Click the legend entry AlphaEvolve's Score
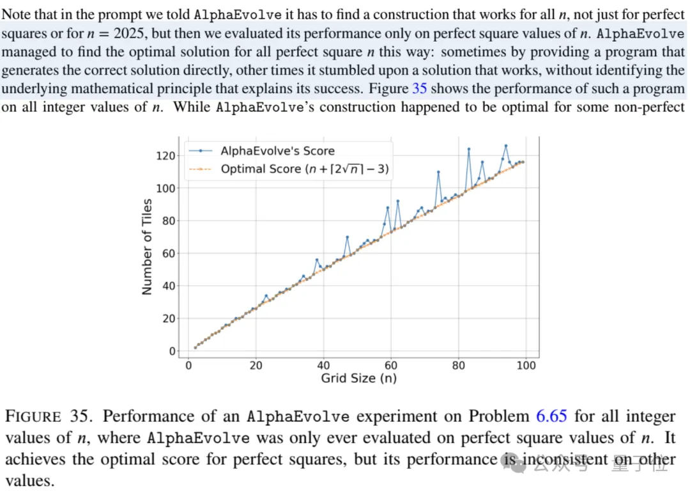click(x=277, y=151)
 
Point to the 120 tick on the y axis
click(x=165, y=155)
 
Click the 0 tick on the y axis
click(x=171, y=351)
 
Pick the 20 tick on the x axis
click(x=256, y=366)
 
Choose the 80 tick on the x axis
click(x=459, y=366)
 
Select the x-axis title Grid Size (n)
click(x=358, y=378)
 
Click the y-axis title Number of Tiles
click(x=148, y=247)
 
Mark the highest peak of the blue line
click(x=506, y=146)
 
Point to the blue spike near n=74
click(x=438, y=172)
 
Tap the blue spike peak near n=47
click(x=348, y=237)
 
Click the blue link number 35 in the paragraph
click(x=419, y=89)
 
